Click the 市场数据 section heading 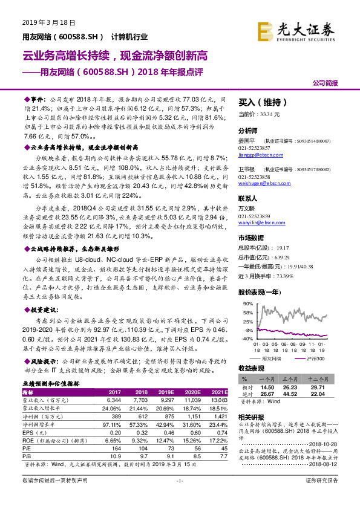click(254, 238)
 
